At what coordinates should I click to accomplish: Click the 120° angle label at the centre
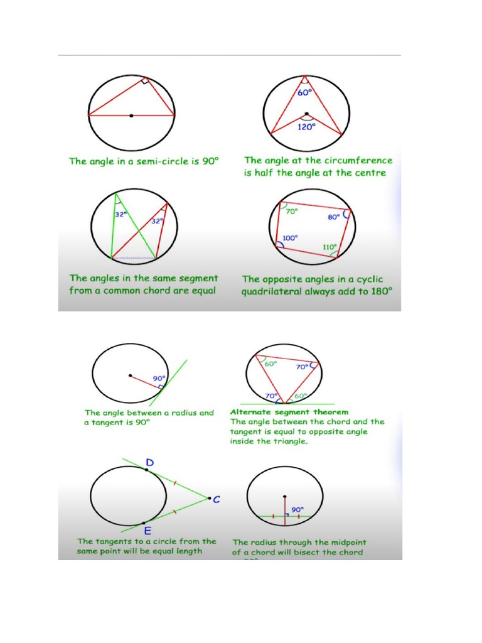pos(306,126)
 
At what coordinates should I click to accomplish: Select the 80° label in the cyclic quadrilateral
pos(333,217)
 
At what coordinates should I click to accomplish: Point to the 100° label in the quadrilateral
pos(289,238)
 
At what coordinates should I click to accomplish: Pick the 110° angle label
pos(330,247)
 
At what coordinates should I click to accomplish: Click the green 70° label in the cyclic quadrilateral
pos(292,212)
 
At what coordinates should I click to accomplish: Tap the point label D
pos(149,463)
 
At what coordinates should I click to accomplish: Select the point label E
pos(148,531)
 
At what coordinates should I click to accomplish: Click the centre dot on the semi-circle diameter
pos(131,116)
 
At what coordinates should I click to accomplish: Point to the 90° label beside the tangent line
pos(159,379)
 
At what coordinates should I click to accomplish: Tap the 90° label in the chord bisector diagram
pos(296,509)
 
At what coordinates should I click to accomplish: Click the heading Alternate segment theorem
pos(289,413)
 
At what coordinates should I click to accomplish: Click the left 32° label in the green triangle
pos(120,213)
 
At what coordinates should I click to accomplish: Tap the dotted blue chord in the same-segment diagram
pos(134,258)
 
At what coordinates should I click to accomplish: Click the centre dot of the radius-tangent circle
pos(130,376)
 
